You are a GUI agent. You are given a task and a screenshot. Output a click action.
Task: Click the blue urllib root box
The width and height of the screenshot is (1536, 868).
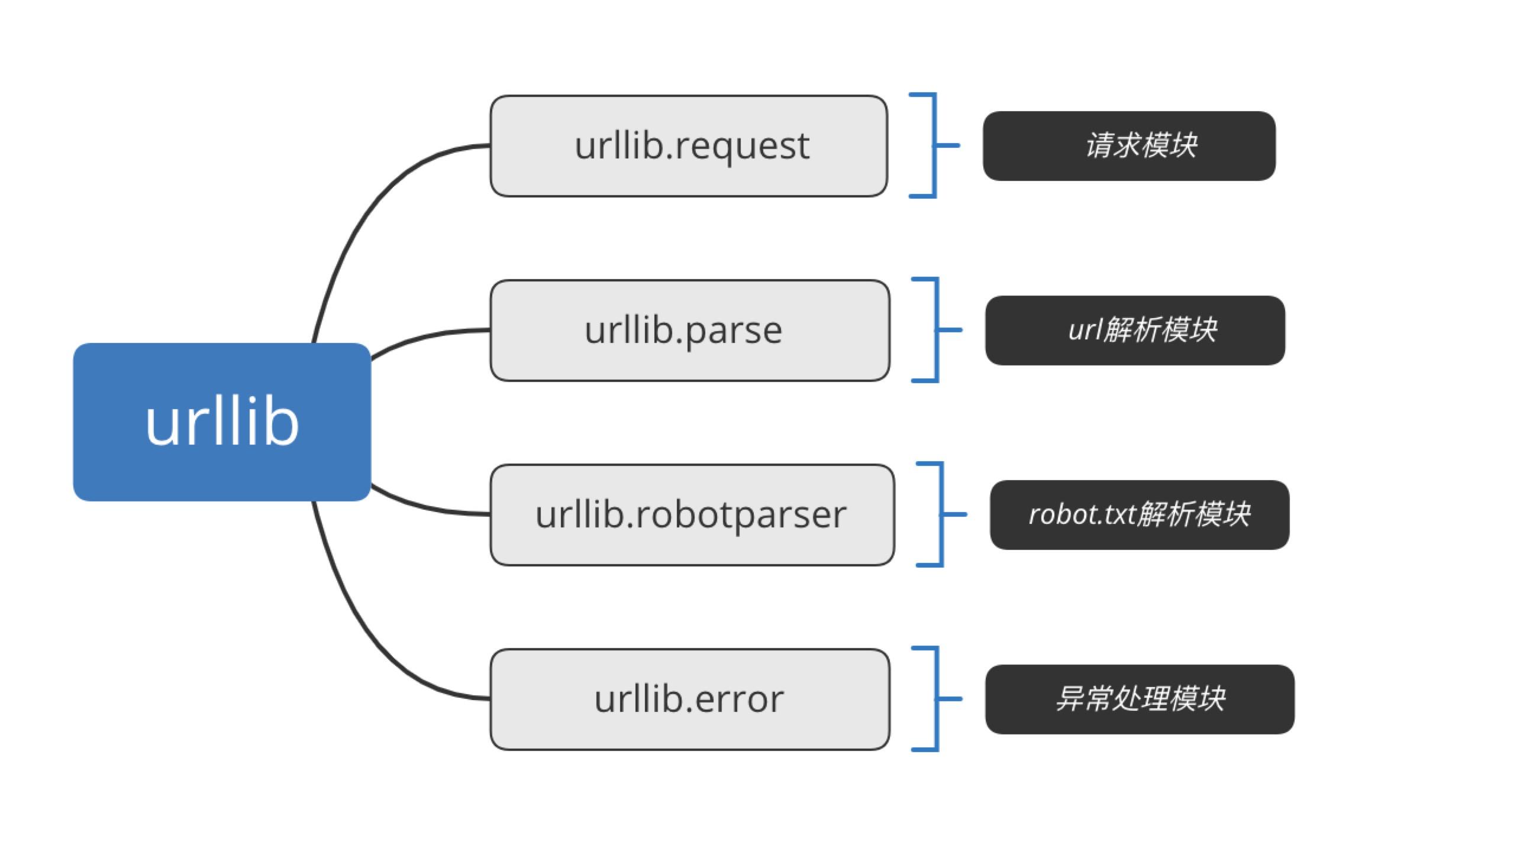pyautogui.click(x=222, y=422)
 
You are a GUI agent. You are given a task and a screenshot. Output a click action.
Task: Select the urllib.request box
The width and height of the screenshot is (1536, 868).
pyautogui.click(x=688, y=146)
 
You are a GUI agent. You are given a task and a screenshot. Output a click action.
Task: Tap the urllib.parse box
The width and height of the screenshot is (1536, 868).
pyautogui.click(x=689, y=331)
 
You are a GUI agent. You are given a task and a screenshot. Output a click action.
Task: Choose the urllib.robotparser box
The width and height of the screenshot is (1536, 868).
pyautogui.click(x=692, y=514)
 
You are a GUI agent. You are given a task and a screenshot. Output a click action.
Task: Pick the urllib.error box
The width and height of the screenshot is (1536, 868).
pyautogui.click(x=689, y=699)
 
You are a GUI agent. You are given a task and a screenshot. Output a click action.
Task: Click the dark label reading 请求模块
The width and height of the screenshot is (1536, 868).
pyautogui.click(x=1128, y=146)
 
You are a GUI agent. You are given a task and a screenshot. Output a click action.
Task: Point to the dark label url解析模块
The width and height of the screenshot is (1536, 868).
pyautogui.click(x=1135, y=331)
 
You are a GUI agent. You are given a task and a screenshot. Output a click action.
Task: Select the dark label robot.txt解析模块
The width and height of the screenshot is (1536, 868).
pyautogui.click(x=1140, y=514)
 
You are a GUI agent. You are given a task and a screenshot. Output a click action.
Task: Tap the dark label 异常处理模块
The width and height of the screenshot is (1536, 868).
pyautogui.click(x=1140, y=699)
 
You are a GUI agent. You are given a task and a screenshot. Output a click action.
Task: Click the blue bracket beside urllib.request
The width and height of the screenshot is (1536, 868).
pyautogui.click(x=934, y=145)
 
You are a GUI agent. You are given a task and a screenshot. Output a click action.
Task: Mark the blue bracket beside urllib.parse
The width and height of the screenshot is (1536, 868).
pyautogui.click(x=937, y=330)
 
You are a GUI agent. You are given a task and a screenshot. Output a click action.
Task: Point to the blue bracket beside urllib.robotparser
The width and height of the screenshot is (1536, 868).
pyautogui.click(x=941, y=514)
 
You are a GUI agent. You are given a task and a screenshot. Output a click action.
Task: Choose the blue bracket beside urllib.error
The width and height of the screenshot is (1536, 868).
pyautogui.click(x=937, y=698)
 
